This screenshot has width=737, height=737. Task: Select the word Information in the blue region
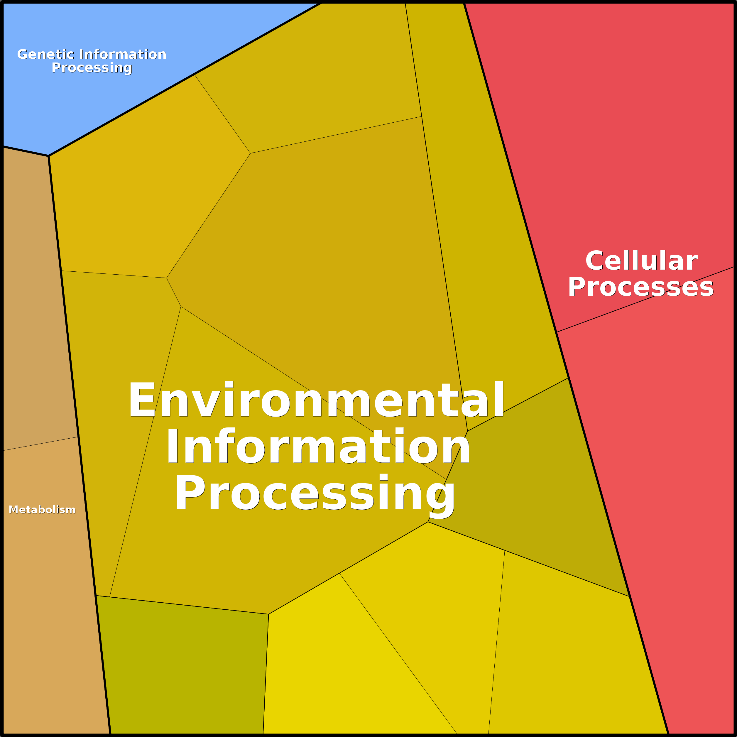coord(121,55)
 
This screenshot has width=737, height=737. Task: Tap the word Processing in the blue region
coord(92,67)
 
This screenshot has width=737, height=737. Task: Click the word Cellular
coord(641,261)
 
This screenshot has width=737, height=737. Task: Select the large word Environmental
coord(316,400)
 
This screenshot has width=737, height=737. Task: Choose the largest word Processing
coord(315,493)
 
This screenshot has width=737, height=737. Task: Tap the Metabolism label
coord(42,510)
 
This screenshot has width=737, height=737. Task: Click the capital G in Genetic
coord(22,55)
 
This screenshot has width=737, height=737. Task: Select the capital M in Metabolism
coord(13,510)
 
